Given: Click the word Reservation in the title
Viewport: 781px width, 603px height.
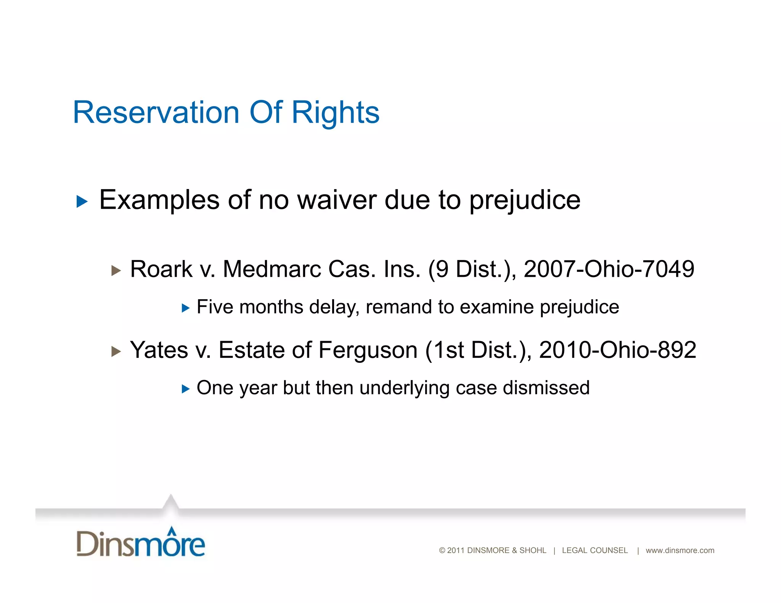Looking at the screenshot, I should (x=156, y=112).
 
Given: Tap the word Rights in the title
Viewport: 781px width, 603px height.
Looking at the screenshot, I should (x=336, y=113).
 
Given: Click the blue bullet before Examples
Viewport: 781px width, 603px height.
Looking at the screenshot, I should (x=82, y=201).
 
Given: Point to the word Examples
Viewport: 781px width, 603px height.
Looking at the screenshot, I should (x=159, y=200).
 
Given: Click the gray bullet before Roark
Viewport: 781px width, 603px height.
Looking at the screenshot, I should (x=116, y=271).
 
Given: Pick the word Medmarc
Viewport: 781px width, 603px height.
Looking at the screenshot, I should (x=272, y=269).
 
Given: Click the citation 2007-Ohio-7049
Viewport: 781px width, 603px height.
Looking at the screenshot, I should (x=609, y=269).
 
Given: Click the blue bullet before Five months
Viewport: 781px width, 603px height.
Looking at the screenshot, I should (x=186, y=308).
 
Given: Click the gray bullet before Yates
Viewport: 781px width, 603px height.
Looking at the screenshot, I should (x=116, y=351).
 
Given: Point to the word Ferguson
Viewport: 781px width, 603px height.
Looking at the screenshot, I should (x=368, y=350).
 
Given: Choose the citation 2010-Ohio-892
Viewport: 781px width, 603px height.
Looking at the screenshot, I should (x=617, y=350).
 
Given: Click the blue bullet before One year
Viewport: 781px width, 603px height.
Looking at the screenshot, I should (x=186, y=389).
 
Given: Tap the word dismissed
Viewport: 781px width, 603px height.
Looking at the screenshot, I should (x=546, y=388).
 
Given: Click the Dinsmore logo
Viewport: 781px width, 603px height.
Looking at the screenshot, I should (x=141, y=542).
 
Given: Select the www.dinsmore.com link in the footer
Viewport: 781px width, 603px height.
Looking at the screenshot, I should (x=680, y=550).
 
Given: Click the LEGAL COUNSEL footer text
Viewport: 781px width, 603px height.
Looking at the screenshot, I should (x=595, y=550).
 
